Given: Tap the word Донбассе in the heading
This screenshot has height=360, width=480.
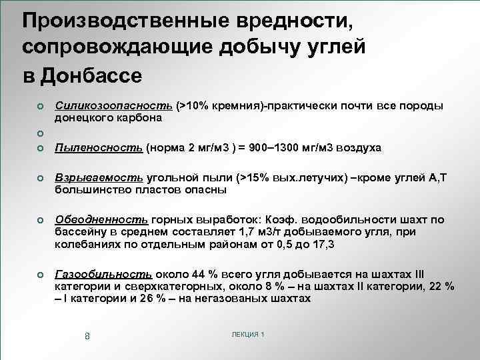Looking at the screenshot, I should click(x=91, y=75).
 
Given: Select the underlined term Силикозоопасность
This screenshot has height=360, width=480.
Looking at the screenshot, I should click(x=115, y=106).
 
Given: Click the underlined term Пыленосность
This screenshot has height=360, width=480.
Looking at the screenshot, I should click(x=99, y=148).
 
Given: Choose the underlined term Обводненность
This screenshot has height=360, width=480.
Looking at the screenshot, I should click(x=102, y=219).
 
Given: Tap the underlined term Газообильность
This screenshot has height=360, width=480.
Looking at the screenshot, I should click(x=103, y=275).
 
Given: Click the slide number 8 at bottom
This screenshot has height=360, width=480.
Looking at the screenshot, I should click(x=87, y=335).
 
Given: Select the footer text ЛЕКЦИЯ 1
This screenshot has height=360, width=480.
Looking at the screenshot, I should click(x=246, y=333).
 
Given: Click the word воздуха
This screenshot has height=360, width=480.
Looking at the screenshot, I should click(x=358, y=148).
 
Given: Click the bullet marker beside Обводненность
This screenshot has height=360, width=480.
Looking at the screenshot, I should click(x=41, y=220).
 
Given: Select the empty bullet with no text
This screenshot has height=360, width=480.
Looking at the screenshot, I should click(x=41, y=133).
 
